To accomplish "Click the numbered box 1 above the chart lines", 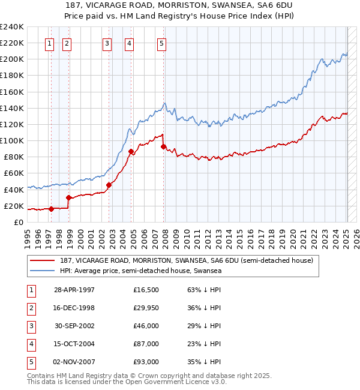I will click(49, 43).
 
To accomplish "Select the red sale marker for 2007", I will click(163, 146).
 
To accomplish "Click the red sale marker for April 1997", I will click(52, 209).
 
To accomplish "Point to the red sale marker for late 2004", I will click(131, 151).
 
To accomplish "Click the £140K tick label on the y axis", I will click(13, 108).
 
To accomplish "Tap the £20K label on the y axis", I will click(14, 206).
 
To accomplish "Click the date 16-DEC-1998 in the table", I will click(74, 308).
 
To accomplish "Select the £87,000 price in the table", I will click(146, 344).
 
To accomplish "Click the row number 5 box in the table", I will click(31, 362).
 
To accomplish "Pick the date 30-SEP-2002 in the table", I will click(74, 326).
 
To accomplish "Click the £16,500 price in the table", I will click(146, 290).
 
